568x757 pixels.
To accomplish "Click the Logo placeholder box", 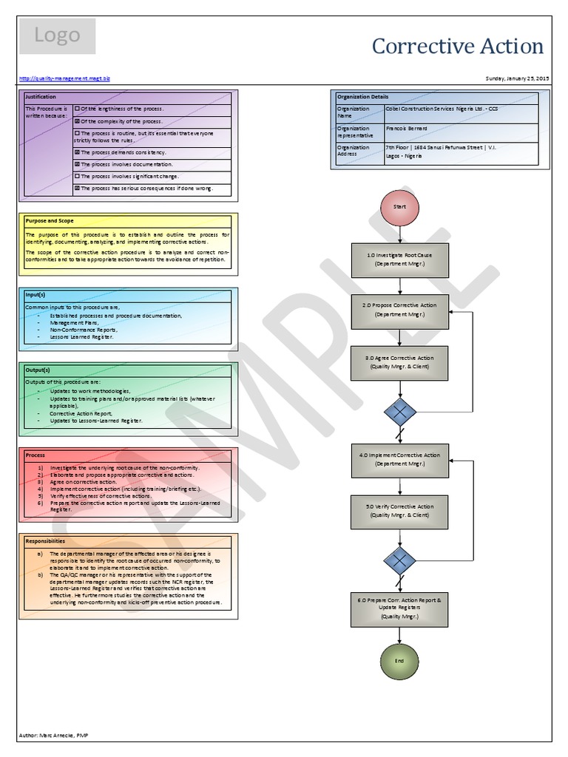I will pyautogui.click(x=57, y=36).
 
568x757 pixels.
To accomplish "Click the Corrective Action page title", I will pyautogui.click(x=457, y=47).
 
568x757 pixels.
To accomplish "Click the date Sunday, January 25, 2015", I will pyautogui.click(x=517, y=78).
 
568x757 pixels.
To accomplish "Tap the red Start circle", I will pyautogui.click(x=399, y=207).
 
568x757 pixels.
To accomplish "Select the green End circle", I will pyautogui.click(x=399, y=659).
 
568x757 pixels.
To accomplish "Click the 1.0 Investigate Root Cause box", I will pyautogui.click(x=399, y=259).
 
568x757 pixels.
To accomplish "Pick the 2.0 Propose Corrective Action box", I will pyautogui.click(x=399, y=310).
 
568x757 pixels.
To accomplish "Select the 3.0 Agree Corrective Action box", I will pyautogui.click(x=399, y=362).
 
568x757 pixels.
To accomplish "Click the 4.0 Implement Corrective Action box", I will pyautogui.click(x=399, y=460).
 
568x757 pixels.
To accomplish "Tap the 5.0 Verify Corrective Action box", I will pyautogui.click(x=399, y=511).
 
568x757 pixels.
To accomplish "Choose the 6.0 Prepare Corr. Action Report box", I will pyautogui.click(x=399, y=608).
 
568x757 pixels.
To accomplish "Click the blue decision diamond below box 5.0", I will pyautogui.click(x=399, y=560).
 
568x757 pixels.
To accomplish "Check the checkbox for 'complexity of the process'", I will pyautogui.click(x=77, y=121).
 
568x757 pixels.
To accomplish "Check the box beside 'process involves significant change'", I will pyautogui.click(x=77, y=177).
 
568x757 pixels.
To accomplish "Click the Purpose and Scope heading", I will pyautogui.click(x=50, y=220).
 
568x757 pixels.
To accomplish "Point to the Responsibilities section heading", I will pyautogui.click(x=46, y=540).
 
